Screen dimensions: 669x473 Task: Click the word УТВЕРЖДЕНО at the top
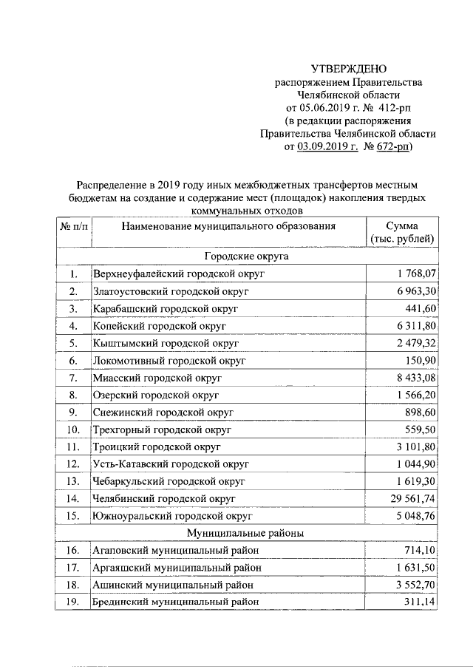click(x=347, y=68)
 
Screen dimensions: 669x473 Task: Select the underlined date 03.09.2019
click(x=328, y=147)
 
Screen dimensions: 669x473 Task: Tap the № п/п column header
click(x=73, y=226)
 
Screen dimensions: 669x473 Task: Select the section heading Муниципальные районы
click(x=246, y=532)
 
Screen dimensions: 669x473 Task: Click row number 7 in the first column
click(x=73, y=378)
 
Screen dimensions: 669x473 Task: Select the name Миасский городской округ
click(x=158, y=378)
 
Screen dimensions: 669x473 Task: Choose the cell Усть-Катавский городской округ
click(x=169, y=464)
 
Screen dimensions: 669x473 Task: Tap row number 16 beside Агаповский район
click(x=73, y=550)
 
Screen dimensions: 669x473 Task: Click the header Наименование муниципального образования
click(x=229, y=226)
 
